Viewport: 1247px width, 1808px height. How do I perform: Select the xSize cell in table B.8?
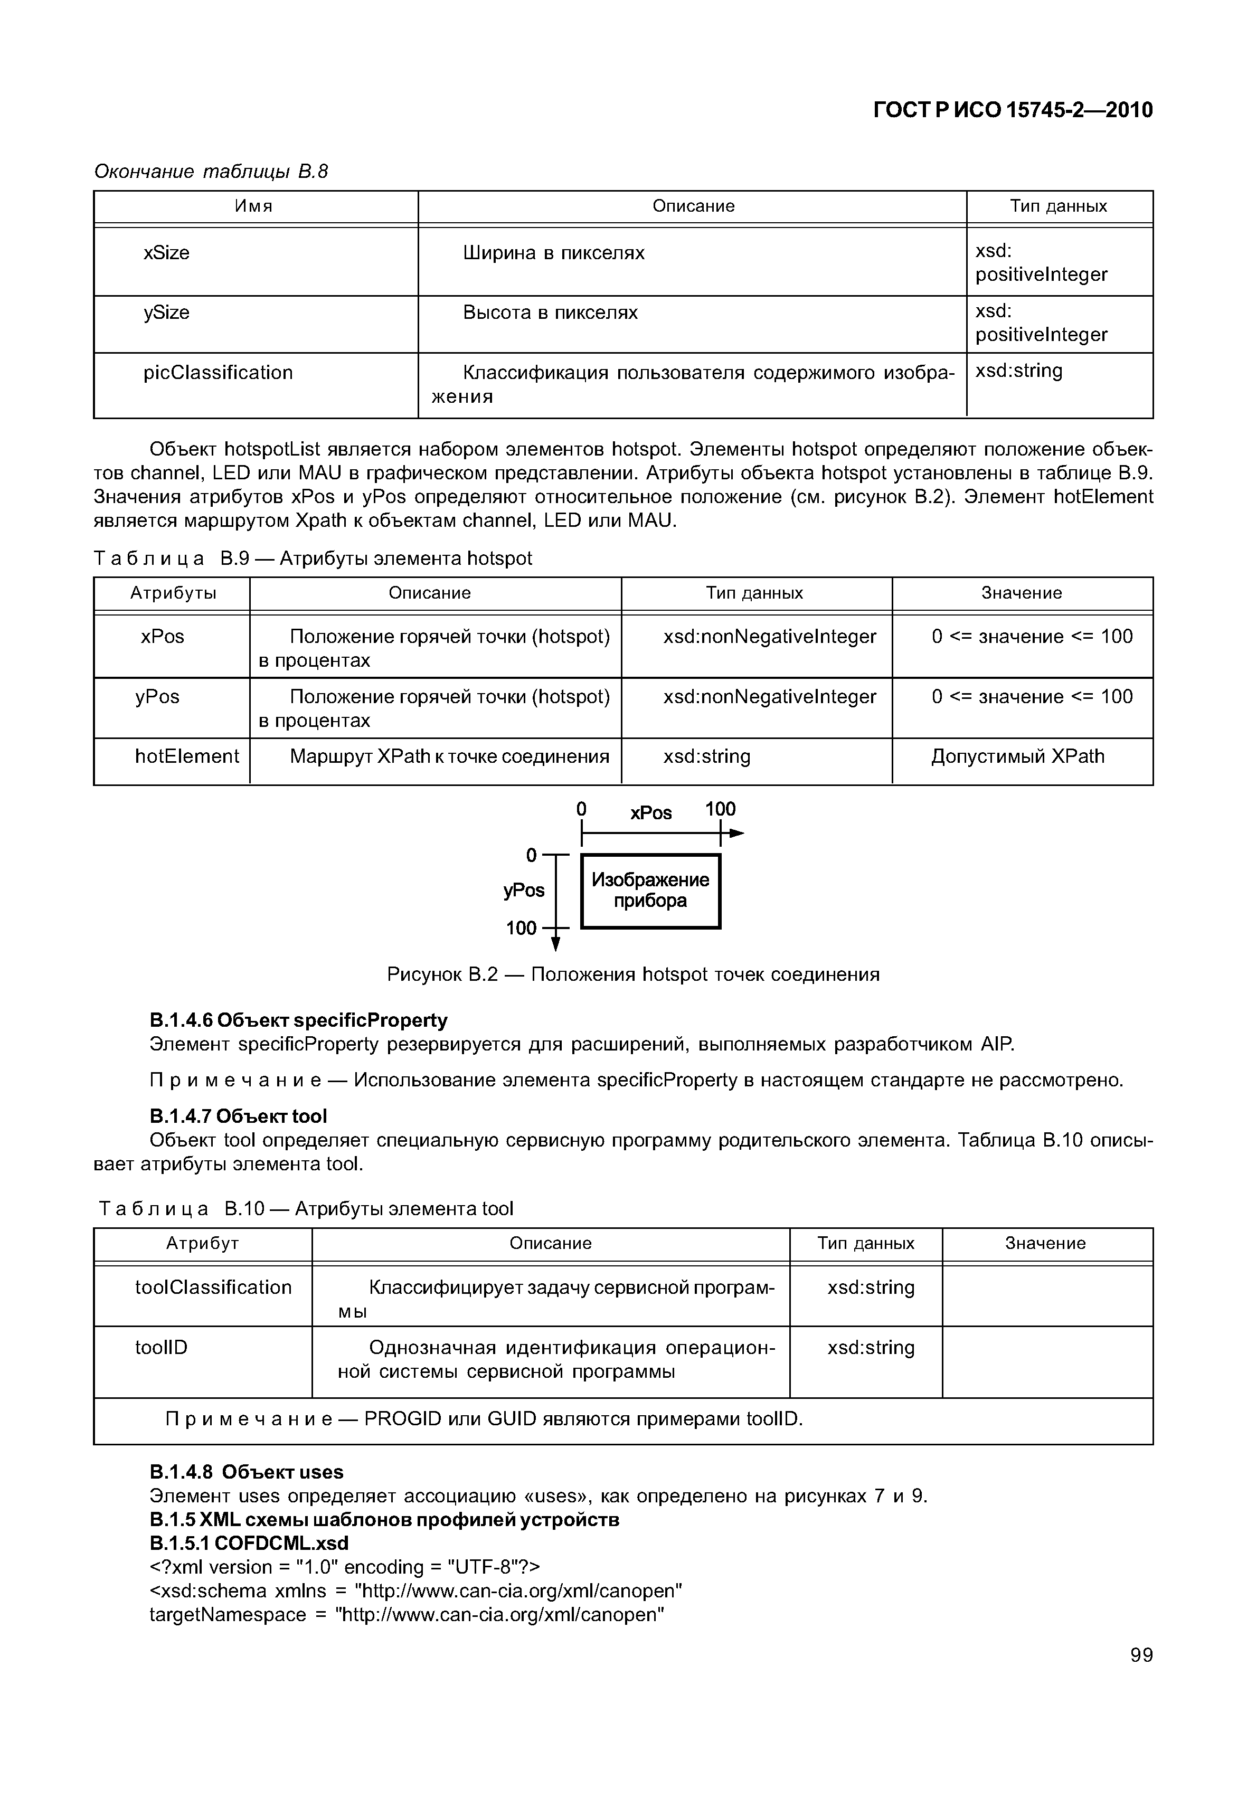166,253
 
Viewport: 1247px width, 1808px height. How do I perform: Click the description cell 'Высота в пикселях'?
550,313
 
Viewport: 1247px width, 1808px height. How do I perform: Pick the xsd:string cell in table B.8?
1019,371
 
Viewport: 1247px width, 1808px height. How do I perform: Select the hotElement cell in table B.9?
187,756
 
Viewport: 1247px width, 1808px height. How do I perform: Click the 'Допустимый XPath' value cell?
1017,756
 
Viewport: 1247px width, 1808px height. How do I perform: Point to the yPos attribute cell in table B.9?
157,696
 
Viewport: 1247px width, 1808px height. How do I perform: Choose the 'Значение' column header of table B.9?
1021,593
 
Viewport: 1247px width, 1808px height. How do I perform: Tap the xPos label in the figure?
651,813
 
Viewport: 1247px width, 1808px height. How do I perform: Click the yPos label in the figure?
524,890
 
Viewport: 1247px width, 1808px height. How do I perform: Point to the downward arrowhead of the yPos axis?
555,944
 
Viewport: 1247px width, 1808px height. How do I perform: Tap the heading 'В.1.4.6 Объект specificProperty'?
298,1020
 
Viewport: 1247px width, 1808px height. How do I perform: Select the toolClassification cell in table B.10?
213,1287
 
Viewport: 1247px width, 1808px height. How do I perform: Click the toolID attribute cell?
161,1347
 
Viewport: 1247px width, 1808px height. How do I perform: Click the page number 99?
1141,1655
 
